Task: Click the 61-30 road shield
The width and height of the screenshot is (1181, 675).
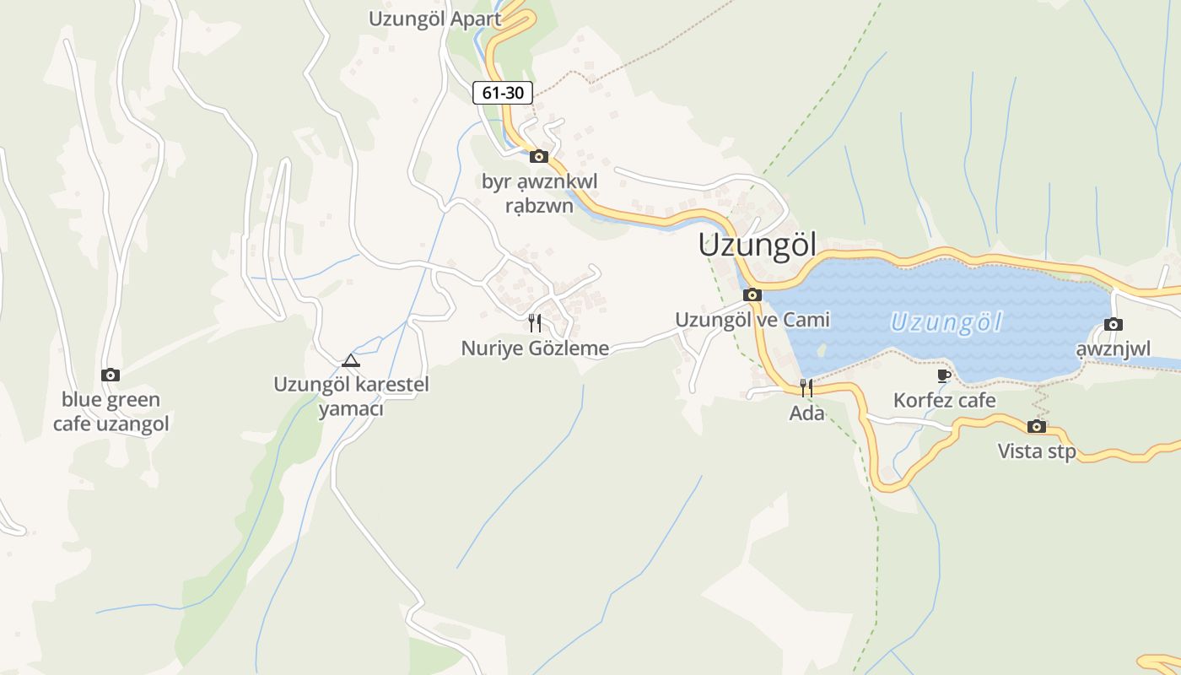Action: pos(502,93)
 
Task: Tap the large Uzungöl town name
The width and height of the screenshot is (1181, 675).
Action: pos(757,246)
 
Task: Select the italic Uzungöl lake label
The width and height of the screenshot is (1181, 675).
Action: pos(946,322)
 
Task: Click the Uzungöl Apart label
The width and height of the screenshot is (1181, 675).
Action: pos(434,19)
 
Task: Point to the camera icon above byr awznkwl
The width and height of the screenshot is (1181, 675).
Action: pos(538,156)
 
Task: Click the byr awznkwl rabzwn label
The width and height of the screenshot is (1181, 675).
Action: pos(539,193)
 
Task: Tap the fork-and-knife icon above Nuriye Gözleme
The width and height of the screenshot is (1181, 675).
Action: pos(534,322)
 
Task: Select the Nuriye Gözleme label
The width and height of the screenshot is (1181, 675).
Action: pos(535,348)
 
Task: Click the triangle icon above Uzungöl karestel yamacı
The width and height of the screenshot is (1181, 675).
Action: pos(350,361)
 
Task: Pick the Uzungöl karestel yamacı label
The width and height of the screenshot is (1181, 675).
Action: pos(351,397)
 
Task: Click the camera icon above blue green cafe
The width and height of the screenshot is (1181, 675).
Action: pos(110,375)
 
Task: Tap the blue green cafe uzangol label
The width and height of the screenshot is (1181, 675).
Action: pos(111,412)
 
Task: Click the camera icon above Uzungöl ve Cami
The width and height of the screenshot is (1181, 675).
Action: pos(752,294)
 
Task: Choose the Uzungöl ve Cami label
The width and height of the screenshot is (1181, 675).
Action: pos(752,320)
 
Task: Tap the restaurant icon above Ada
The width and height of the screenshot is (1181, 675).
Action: pos(806,388)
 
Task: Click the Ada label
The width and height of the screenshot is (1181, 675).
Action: pos(806,413)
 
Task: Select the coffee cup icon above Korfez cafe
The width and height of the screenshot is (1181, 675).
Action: pos(944,375)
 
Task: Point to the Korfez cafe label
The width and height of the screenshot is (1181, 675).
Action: pos(944,400)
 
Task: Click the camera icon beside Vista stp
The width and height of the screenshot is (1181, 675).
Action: pos(1037,426)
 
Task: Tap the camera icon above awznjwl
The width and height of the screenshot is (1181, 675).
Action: pos(1113,324)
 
